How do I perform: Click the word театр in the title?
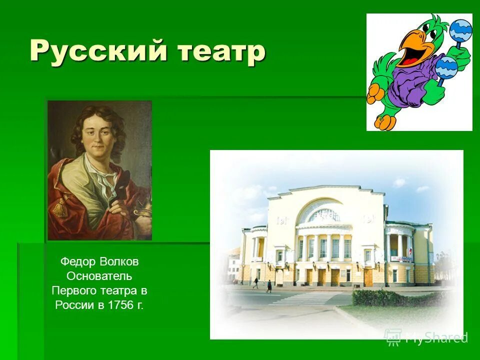219,51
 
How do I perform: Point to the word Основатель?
99,276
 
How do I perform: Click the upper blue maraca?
460,31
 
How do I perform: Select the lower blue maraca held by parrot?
445,67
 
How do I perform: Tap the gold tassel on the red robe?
60,205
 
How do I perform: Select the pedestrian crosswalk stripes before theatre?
305,298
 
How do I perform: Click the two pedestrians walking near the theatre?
262,284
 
